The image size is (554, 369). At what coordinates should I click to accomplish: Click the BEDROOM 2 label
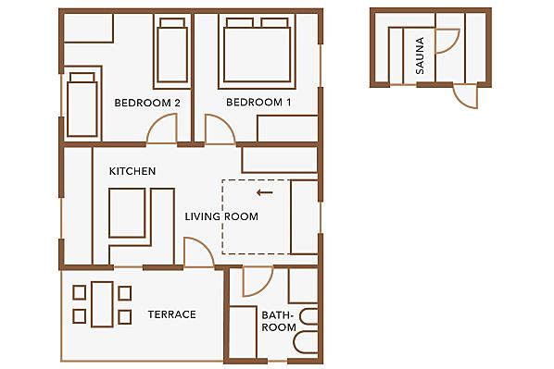coord(147,103)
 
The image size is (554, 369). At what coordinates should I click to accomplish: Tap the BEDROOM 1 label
coord(258,103)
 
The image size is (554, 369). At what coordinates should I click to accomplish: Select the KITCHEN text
coord(132,171)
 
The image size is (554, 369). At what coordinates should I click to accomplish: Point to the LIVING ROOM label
coord(221,216)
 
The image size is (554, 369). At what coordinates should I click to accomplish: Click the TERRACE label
coord(172,314)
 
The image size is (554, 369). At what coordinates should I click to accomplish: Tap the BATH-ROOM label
coord(279,321)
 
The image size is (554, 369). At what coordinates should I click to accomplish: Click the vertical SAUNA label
coord(420,55)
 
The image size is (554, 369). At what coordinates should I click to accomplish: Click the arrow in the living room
coord(265,192)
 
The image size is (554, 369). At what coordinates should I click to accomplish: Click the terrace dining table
coord(102,304)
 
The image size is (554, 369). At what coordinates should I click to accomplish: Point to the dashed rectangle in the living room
coord(222,217)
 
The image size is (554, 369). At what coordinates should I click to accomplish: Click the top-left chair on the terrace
coord(79,292)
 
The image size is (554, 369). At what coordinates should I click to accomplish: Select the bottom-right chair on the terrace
coord(125,317)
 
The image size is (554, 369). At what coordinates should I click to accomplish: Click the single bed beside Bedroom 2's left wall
coord(82,105)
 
